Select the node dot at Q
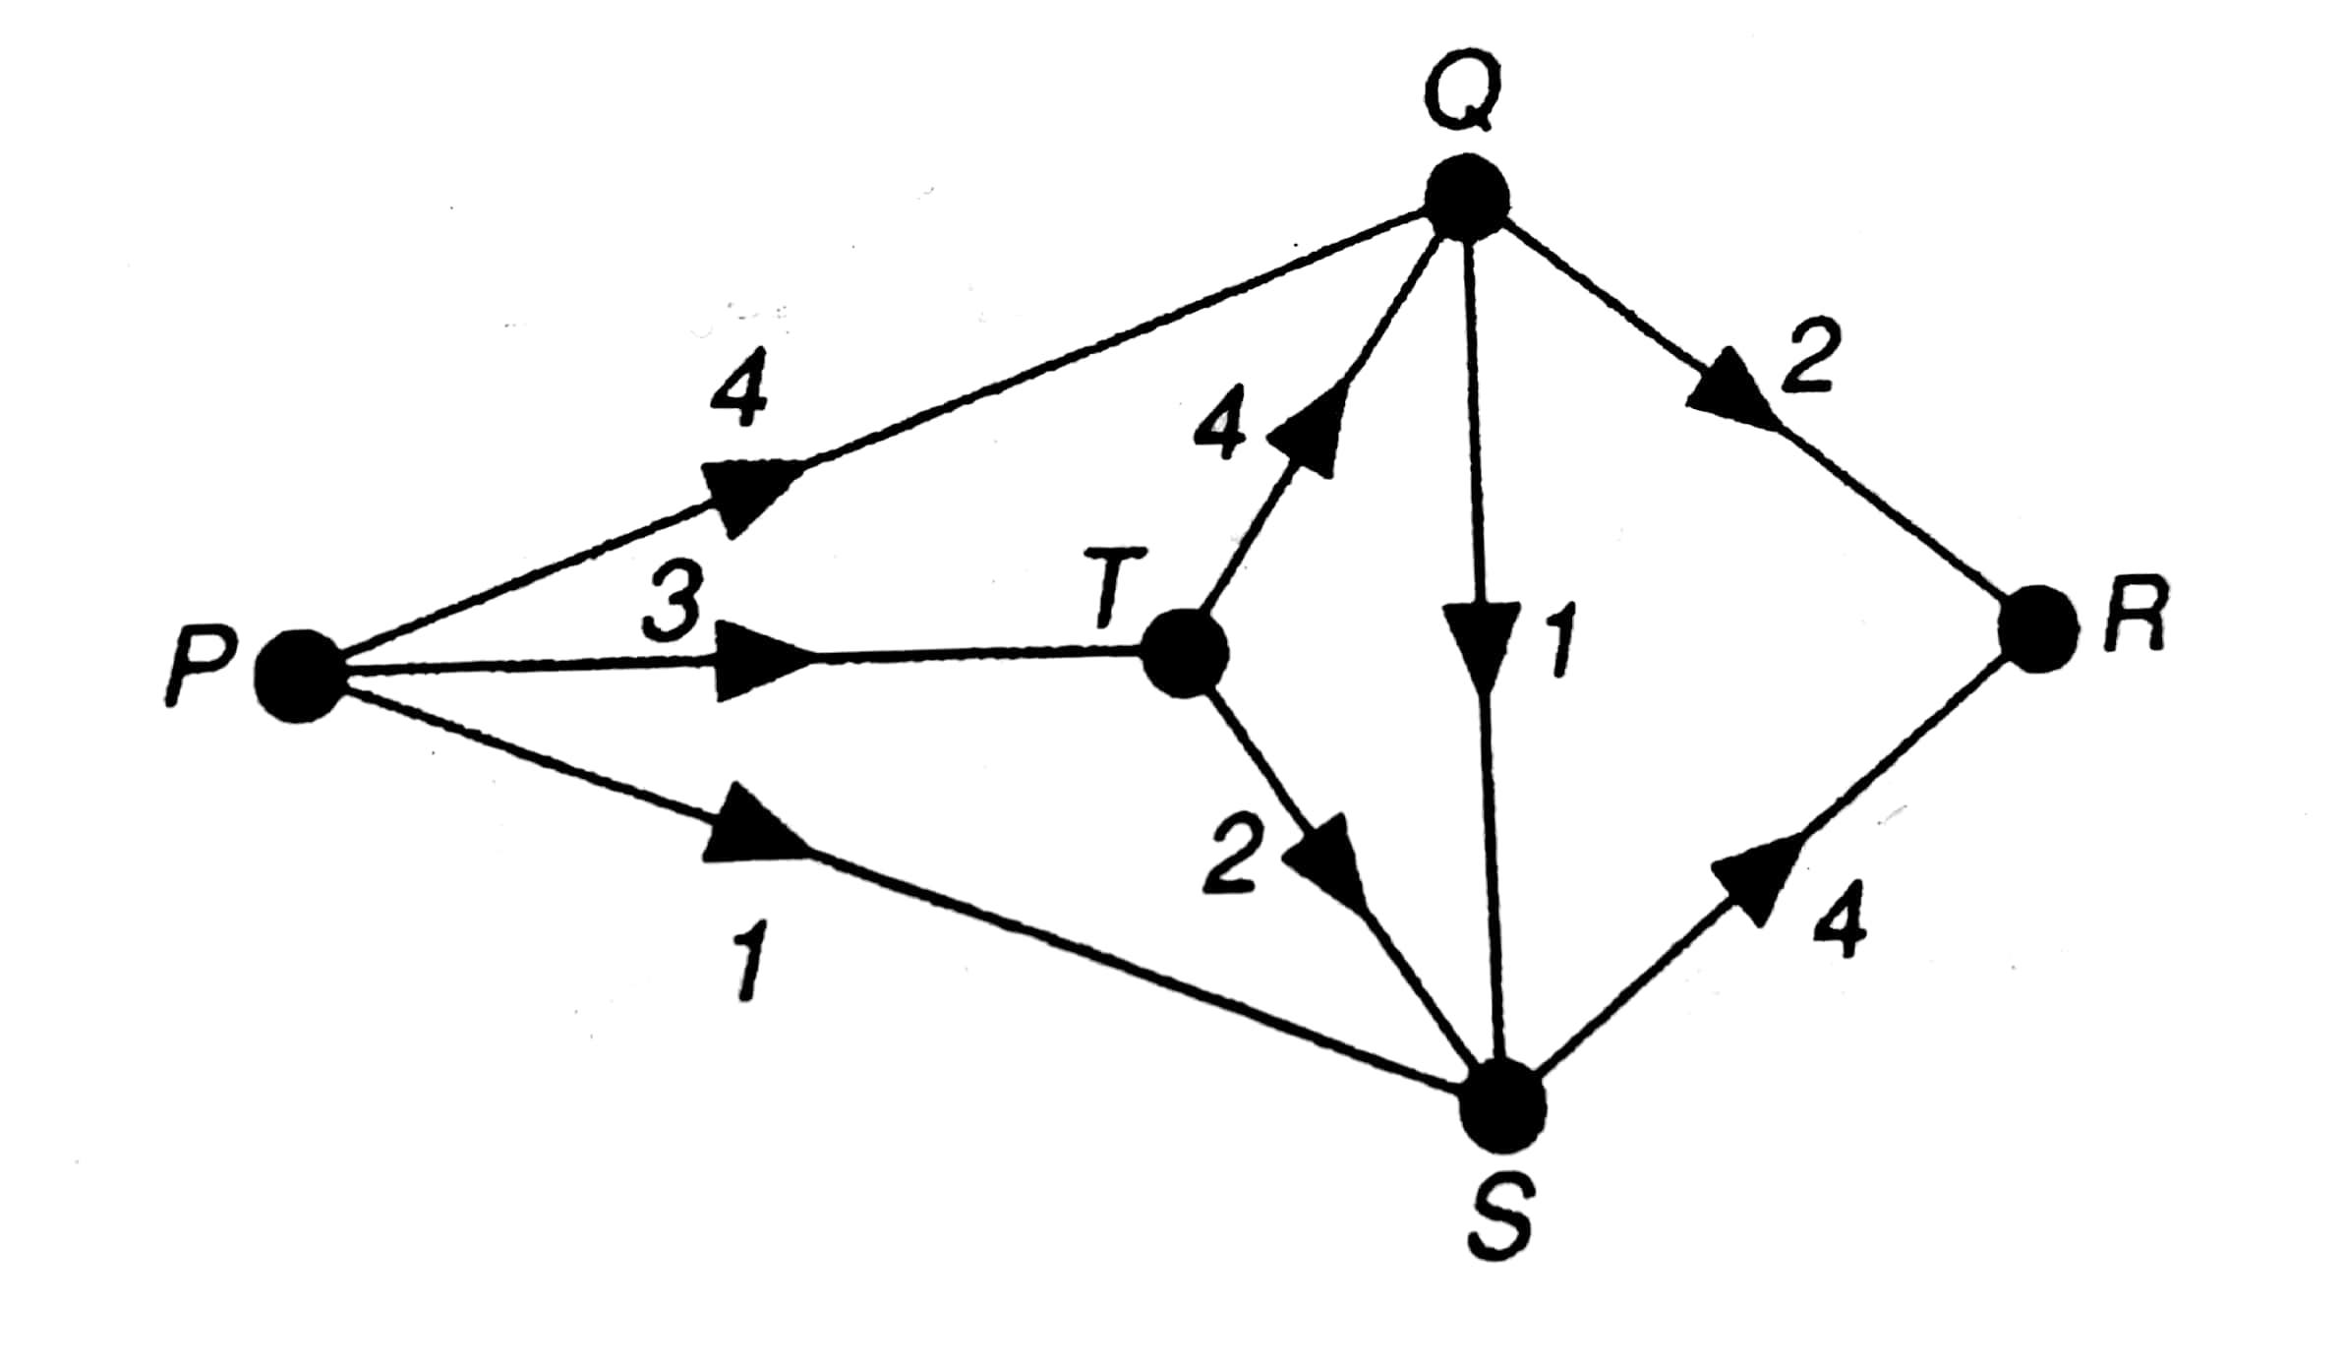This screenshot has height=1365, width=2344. (x=1467, y=199)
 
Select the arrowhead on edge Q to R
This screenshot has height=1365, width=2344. (x=1734, y=398)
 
